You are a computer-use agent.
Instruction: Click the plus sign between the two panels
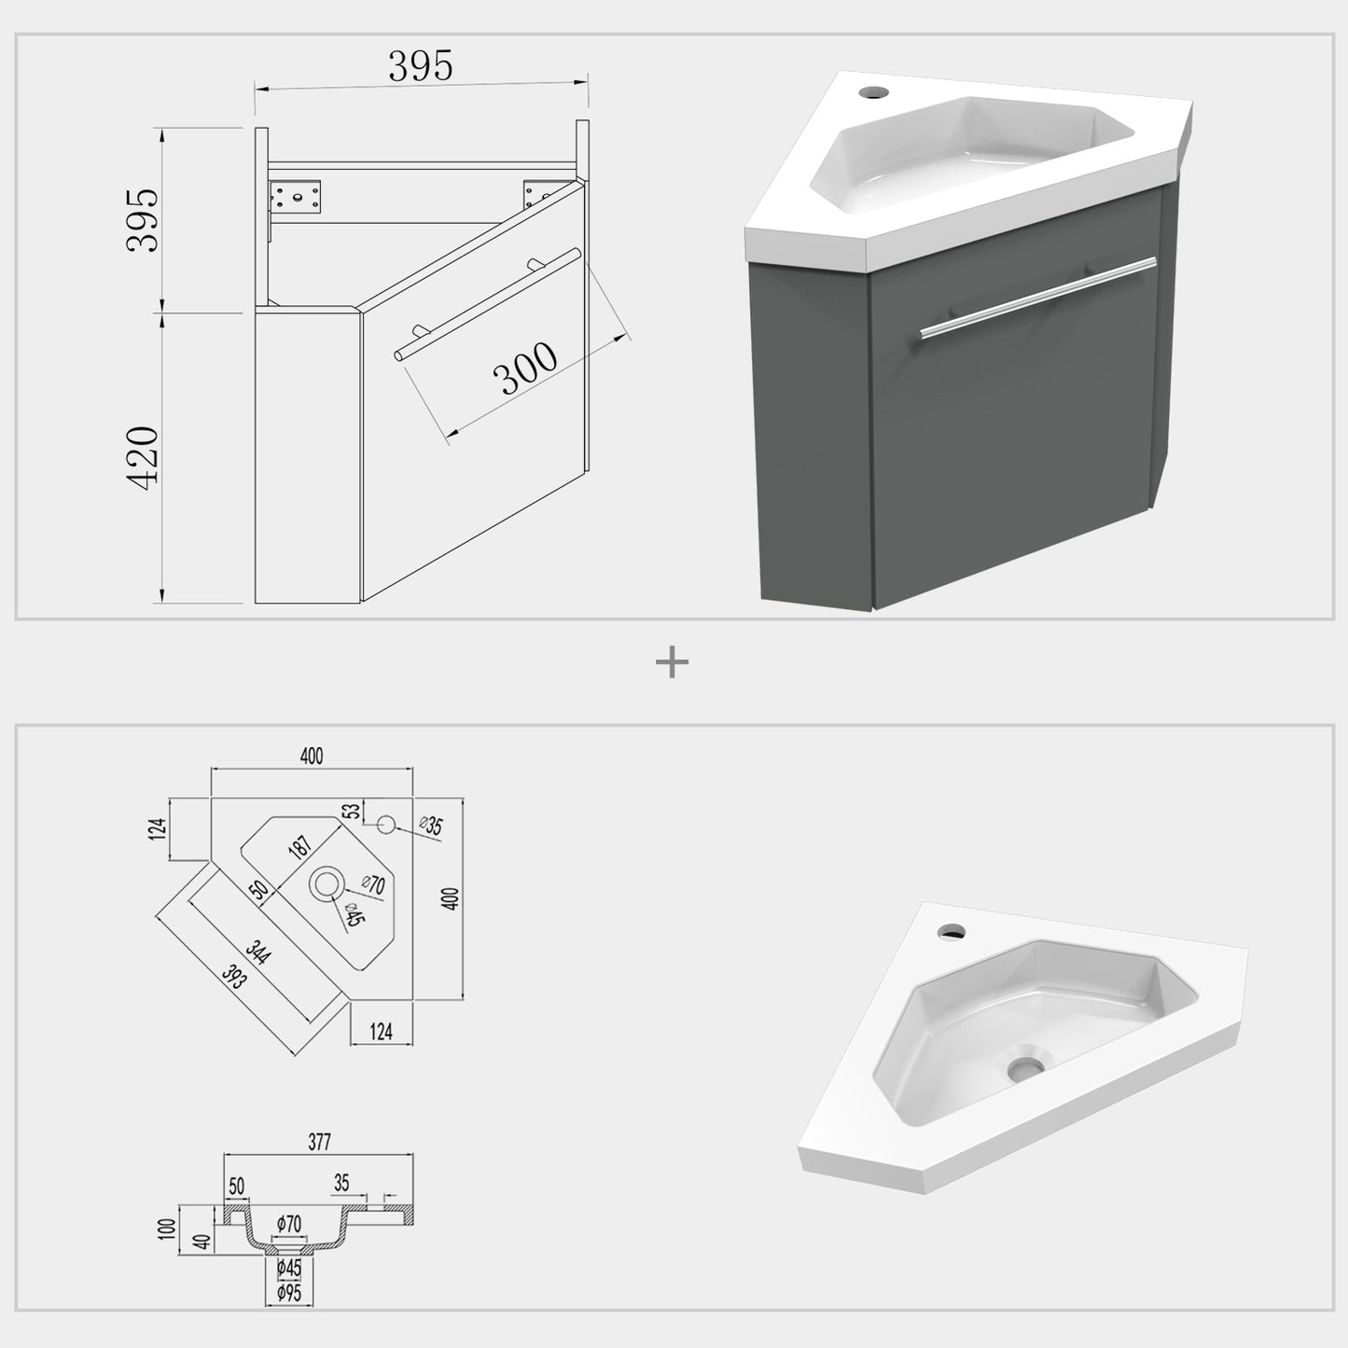pyautogui.click(x=672, y=663)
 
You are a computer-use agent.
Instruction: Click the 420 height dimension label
pyautogui.click(x=144, y=455)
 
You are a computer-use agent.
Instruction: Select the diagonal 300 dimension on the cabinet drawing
pyautogui.click(x=525, y=370)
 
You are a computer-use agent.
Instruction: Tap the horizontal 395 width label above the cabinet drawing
pyautogui.click(x=420, y=66)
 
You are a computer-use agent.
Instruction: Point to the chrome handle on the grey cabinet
pyautogui.click(x=1037, y=297)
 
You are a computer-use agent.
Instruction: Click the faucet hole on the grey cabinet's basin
pyautogui.click(x=874, y=92)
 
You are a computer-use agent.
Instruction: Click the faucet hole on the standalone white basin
pyautogui.click(x=952, y=931)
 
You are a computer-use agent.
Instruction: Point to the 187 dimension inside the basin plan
pyautogui.click(x=300, y=847)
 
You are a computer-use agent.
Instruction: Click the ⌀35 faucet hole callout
pyautogui.click(x=430, y=826)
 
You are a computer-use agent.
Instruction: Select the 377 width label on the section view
pyautogui.click(x=318, y=1141)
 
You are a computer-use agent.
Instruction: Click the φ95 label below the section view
pyautogui.click(x=289, y=1294)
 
